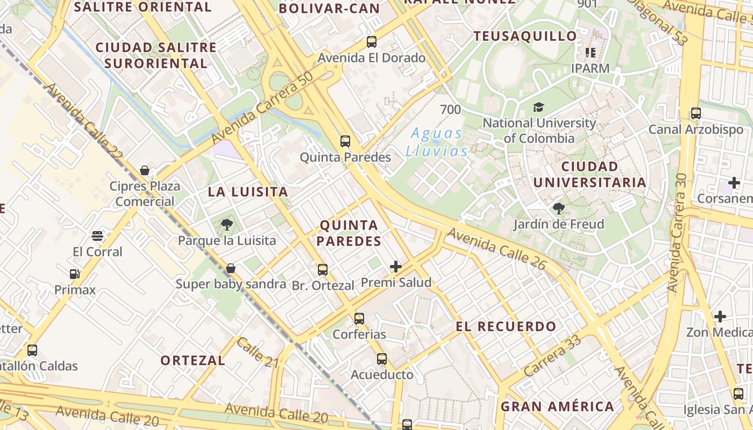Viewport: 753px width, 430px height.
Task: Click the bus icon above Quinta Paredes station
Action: [x=345, y=141]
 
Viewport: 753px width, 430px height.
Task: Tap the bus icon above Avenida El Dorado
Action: [x=371, y=41]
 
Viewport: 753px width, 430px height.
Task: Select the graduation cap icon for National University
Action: [x=538, y=107]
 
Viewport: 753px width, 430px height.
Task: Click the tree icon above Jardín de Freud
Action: [x=558, y=208]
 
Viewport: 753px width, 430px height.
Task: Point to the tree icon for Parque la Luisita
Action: [x=226, y=224]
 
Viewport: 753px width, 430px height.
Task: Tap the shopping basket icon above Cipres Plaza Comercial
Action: [x=145, y=171]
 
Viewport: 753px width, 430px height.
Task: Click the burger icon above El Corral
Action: [x=97, y=235]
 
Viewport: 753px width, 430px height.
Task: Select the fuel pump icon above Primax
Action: [x=75, y=274]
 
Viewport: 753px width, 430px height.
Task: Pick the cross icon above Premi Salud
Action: [x=396, y=266]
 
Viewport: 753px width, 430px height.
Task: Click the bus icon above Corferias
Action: [x=359, y=318]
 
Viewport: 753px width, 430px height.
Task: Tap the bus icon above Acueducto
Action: [x=382, y=359]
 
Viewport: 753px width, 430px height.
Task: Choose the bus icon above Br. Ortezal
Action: [x=323, y=269]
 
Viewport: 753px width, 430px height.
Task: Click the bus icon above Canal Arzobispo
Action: [x=695, y=113]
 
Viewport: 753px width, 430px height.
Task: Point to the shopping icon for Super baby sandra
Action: [x=231, y=268]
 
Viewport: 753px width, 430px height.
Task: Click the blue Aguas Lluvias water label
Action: [x=436, y=142]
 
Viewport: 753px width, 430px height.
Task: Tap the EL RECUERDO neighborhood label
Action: [x=506, y=326]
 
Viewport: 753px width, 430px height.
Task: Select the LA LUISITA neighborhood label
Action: [x=248, y=192]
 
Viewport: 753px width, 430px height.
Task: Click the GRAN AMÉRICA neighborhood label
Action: [x=557, y=406]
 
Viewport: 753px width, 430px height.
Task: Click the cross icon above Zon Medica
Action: [x=720, y=316]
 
